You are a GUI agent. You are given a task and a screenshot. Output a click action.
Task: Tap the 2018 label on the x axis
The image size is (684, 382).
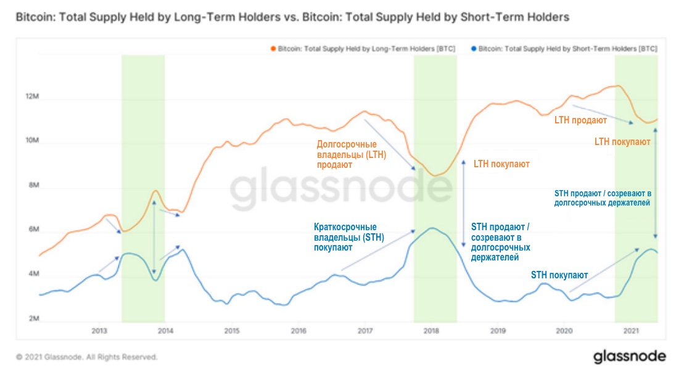431,331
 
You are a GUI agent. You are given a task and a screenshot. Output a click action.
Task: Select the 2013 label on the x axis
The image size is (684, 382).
99,331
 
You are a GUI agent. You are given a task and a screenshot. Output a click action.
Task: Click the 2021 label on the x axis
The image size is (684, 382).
630,331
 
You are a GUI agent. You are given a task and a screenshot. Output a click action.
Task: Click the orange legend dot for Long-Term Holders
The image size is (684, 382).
273,48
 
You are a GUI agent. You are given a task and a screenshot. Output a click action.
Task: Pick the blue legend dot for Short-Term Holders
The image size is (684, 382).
473,48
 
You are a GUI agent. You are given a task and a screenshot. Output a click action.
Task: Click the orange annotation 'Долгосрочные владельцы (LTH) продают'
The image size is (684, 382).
351,154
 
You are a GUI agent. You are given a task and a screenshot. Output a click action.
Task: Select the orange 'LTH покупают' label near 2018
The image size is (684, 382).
501,165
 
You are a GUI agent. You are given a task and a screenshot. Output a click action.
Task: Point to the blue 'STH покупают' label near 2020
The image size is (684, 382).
559,275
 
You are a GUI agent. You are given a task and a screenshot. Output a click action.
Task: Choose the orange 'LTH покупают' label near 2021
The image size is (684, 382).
622,142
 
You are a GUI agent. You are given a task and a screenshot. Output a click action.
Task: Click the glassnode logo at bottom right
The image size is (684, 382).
629,357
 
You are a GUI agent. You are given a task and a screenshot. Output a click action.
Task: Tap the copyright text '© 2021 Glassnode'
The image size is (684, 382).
86,357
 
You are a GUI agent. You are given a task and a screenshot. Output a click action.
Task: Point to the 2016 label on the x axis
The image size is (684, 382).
299,331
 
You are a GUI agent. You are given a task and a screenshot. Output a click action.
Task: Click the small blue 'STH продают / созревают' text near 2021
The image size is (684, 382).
603,197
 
